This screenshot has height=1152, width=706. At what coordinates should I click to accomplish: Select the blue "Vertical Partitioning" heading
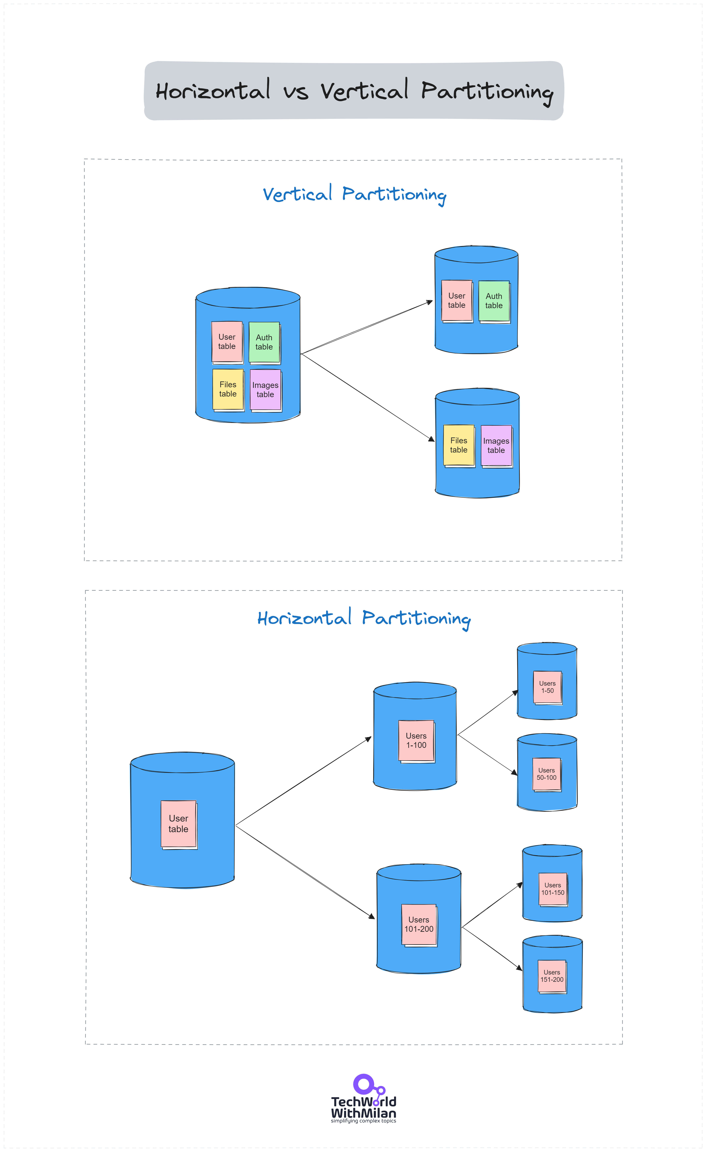(354, 194)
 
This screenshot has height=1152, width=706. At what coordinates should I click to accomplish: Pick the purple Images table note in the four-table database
(265, 389)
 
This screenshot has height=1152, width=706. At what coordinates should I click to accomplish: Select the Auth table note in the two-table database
(494, 301)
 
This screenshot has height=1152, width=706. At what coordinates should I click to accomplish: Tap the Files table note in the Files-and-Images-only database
(459, 445)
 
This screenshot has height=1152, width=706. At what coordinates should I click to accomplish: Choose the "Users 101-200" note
(419, 924)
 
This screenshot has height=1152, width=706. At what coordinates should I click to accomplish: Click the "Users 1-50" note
(547, 687)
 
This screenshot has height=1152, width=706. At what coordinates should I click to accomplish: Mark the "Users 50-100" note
(547, 774)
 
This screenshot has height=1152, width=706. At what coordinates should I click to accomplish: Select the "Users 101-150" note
(553, 889)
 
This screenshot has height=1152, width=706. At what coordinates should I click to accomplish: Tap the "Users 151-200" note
(552, 976)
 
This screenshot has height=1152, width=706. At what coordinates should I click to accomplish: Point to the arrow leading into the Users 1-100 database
(304, 781)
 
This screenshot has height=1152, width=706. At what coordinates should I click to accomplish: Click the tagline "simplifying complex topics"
(363, 1121)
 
